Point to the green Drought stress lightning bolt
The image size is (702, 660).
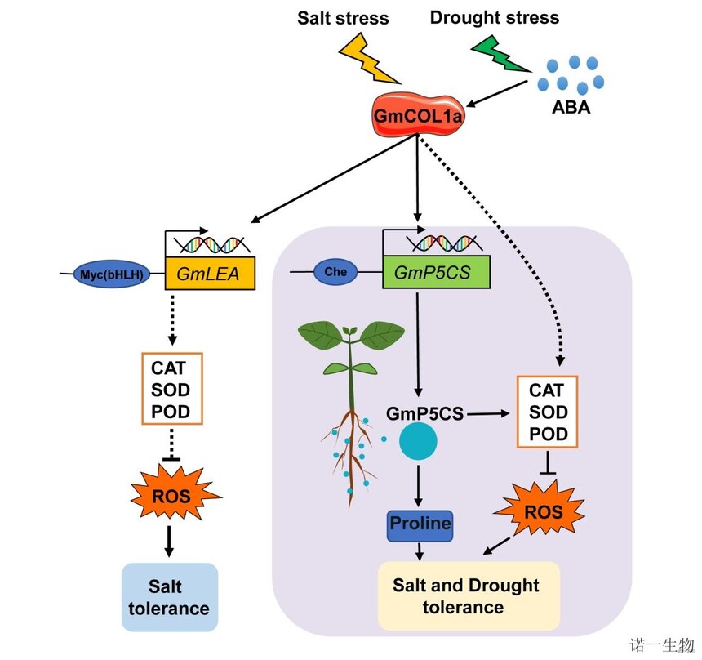(x=500, y=54)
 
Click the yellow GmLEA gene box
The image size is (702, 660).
(x=210, y=274)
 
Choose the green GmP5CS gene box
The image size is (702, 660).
(x=436, y=273)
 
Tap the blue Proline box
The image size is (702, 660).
(x=420, y=523)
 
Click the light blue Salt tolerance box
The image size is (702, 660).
(x=170, y=597)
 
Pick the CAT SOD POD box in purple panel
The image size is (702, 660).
(x=548, y=411)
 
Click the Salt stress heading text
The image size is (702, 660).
(x=344, y=17)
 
